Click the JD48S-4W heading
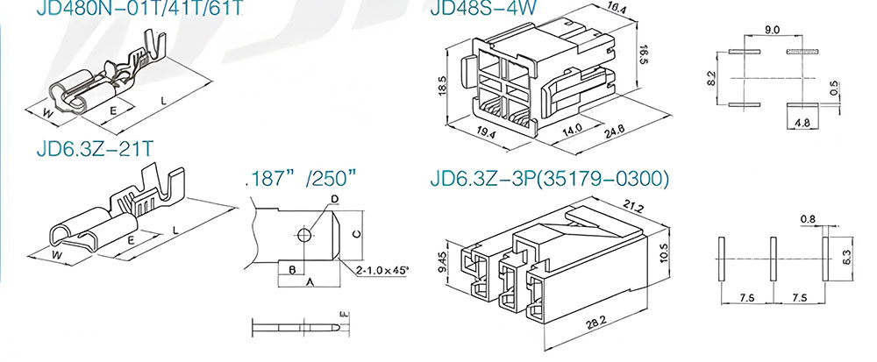(483, 8)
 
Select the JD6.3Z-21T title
(95, 149)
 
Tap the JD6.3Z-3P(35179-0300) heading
(549, 178)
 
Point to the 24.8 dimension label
(616, 132)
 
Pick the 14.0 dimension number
(572, 129)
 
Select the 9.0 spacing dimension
(773, 30)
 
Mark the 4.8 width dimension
(802, 124)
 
